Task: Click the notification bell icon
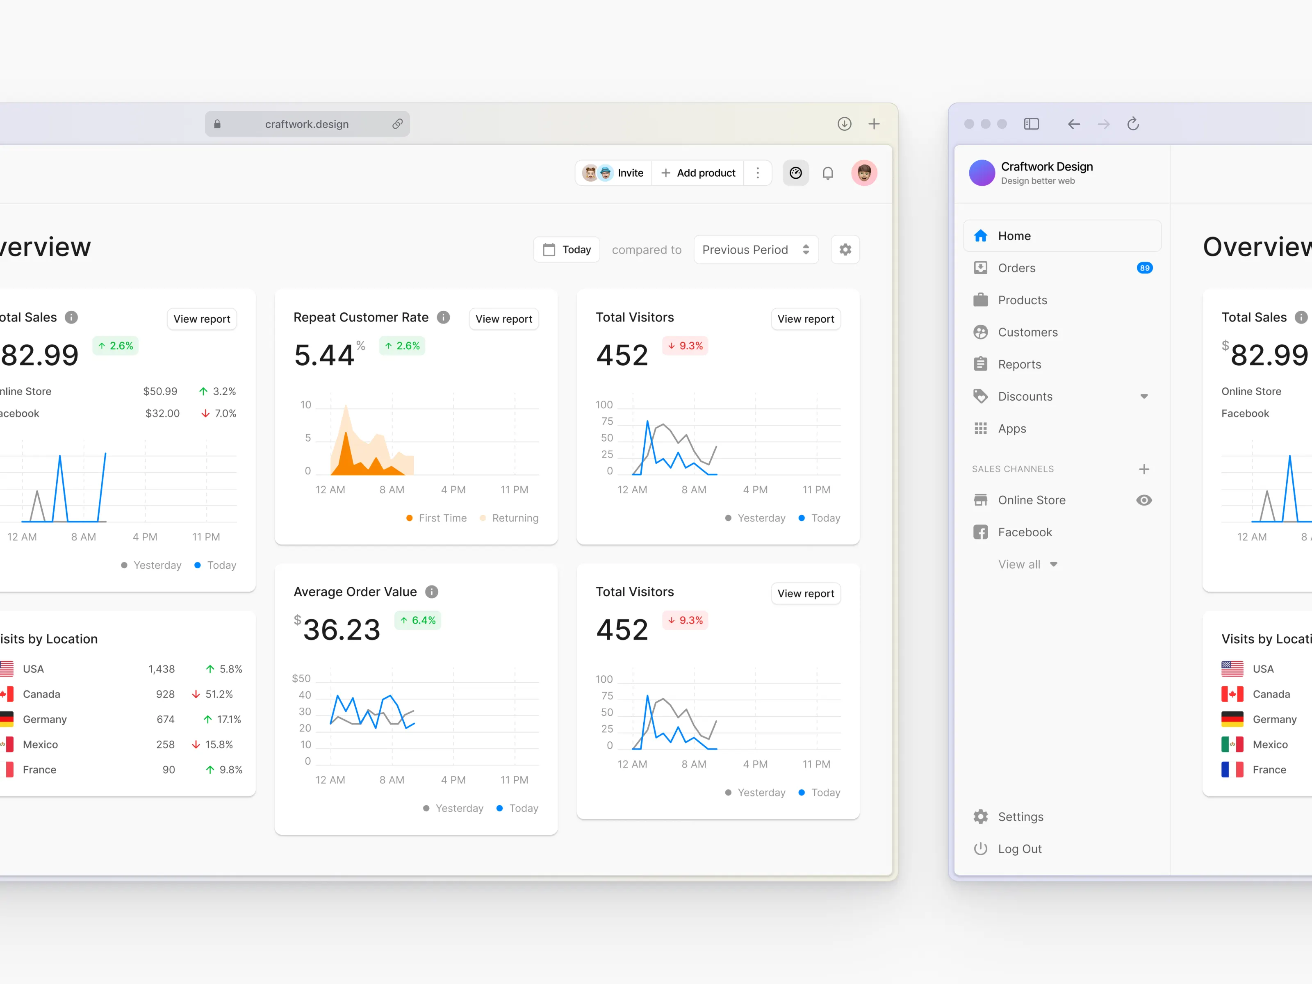pos(827,173)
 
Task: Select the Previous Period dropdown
pos(756,250)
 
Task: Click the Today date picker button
pos(567,250)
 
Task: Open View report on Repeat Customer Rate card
pos(503,319)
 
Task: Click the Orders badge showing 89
pos(1144,268)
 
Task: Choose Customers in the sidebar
pos(1027,332)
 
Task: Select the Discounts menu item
pos(1025,396)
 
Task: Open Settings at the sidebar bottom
pos(1020,817)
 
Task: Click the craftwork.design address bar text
pos(307,124)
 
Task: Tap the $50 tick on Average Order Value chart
pos(301,678)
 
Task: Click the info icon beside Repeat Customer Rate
pos(443,317)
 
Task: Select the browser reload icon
pos(1133,123)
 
